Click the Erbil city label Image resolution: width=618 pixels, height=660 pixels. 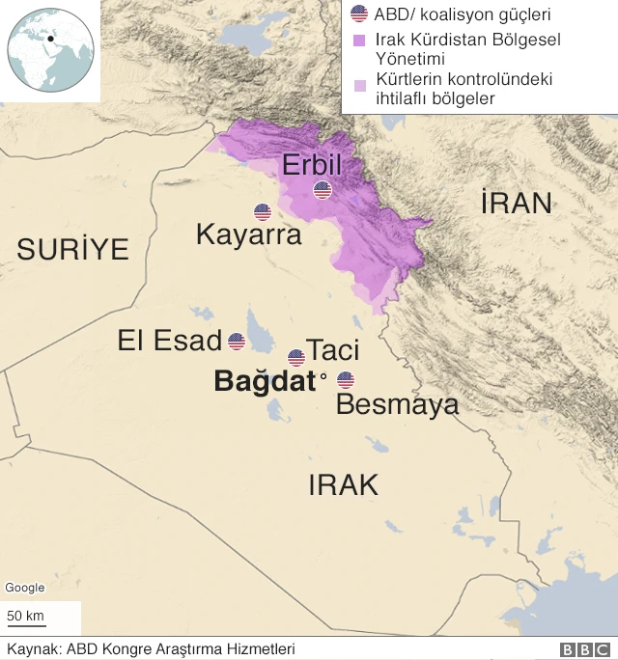pos(312,165)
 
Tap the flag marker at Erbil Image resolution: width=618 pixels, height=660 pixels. pos(323,190)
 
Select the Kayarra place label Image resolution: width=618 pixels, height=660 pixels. pos(249,234)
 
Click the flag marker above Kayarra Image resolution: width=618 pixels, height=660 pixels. pos(263,212)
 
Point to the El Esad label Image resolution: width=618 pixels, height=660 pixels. pos(170,341)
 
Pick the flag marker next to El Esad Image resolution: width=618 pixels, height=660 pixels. pos(237,342)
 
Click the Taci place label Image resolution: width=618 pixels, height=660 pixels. pos(332,349)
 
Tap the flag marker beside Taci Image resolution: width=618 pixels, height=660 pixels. pos(296,358)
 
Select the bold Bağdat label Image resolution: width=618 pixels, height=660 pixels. pos(265,381)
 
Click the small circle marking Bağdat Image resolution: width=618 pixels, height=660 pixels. pos(323,377)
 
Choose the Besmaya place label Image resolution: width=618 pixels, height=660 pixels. pos(397,404)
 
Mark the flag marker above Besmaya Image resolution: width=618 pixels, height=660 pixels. pos(345,380)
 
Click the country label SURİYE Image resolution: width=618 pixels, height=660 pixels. pos(72,250)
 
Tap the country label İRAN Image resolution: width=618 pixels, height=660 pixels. pos(517,203)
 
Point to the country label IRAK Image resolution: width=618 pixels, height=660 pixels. pos(343,484)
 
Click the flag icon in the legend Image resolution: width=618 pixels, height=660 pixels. pos(359,14)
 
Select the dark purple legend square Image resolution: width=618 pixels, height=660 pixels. pos(359,41)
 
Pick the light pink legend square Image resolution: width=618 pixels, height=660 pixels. pos(359,85)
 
